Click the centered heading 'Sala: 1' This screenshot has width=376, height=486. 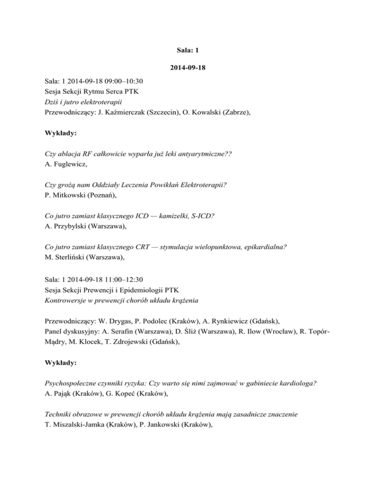coord(188,49)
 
